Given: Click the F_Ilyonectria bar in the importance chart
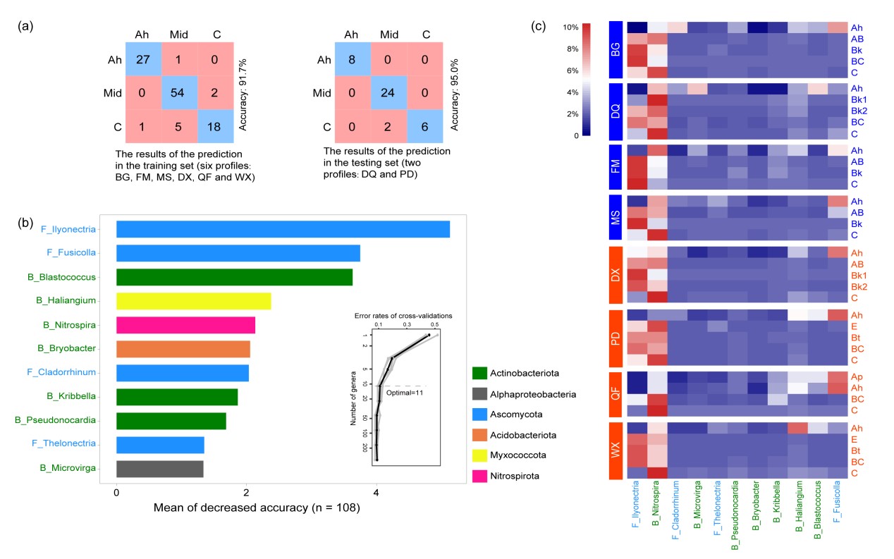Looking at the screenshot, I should click(283, 229).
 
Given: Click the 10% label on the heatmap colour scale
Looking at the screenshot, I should click(571, 27).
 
